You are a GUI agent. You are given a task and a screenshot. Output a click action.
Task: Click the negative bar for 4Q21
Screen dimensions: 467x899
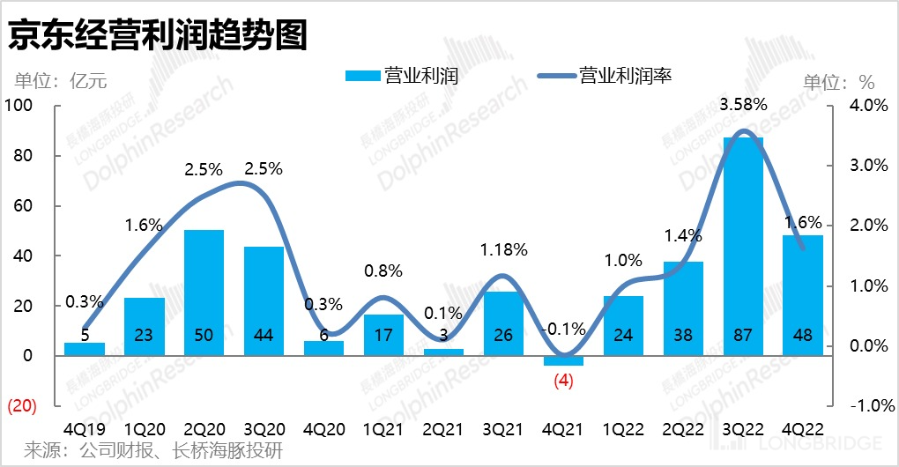pyautogui.click(x=563, y=360)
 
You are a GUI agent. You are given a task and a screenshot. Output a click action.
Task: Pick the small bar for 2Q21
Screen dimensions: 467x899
pyautogui.click(x=443, y=352)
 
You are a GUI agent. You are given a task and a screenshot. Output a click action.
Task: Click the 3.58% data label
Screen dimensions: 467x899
pyautogui.click(x=743, y=105)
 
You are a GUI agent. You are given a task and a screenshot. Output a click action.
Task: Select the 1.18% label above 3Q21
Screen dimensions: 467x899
pyautogui.click(x=504, y=250)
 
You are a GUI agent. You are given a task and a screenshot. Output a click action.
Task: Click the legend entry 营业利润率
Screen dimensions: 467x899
pyautogui.click(x=626, y=76)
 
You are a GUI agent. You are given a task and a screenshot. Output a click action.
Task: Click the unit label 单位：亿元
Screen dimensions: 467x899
pyautogui.click(x=60, y=82)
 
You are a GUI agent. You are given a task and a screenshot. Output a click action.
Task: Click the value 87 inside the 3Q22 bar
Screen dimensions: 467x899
pyautogui.click(x=743, y=335)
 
